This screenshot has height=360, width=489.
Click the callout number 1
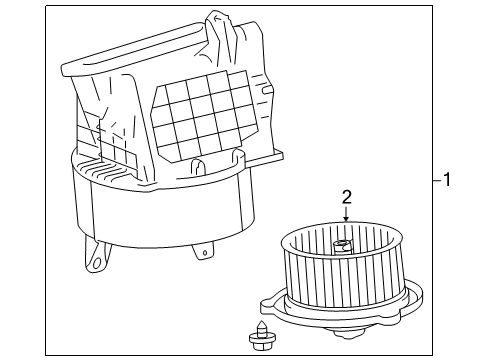pos(447,179)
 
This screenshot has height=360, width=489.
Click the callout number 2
pos(347,197)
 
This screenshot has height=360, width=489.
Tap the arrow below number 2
pos(346,214)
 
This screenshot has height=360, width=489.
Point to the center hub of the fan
pos(342,246)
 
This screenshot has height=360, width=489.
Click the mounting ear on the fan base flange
pos(268,305)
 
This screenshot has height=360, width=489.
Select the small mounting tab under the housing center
pos(203,252)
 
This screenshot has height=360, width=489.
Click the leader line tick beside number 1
pos(437,180)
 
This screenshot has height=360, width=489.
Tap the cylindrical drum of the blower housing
pos(163,213)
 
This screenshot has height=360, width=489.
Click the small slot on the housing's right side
pos(266,90)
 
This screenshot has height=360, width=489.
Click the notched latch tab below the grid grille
pos(197,167)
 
